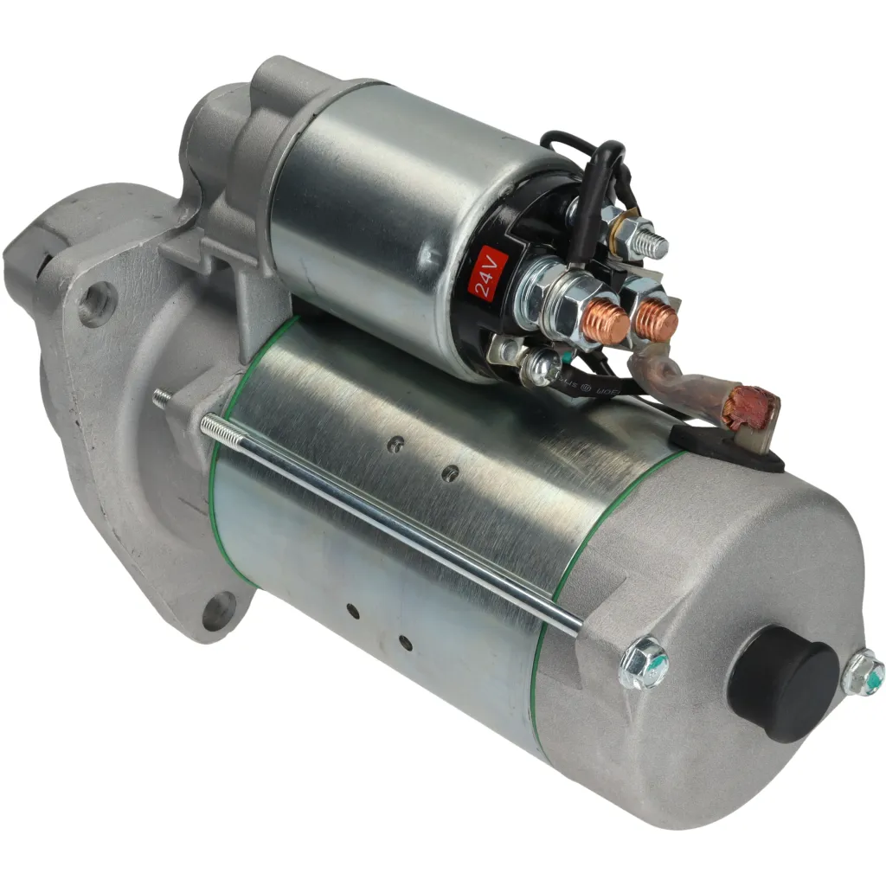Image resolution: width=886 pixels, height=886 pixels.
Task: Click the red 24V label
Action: point(485,273)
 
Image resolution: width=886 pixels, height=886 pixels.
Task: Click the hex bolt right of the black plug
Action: point(863,674)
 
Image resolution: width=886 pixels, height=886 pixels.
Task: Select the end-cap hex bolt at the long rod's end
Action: point(645,662)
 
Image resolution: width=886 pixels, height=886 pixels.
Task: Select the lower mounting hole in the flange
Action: point(220,611)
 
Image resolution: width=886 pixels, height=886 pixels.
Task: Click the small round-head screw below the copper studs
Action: point(542,367)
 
